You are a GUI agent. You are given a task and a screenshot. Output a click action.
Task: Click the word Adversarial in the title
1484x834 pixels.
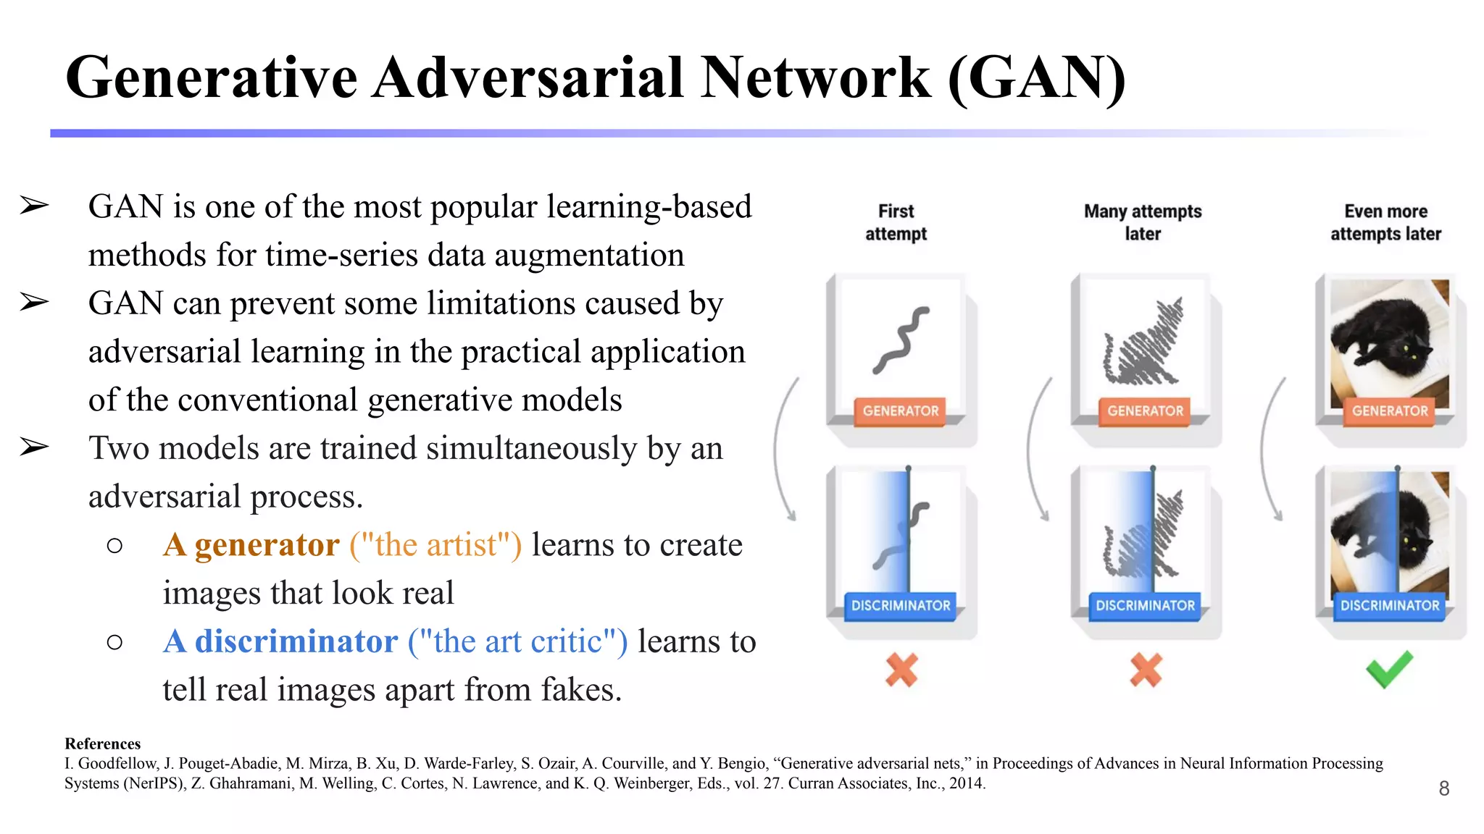click(x=528, y=77)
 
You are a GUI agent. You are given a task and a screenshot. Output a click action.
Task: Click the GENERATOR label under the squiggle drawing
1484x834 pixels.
click(x=900, y=411)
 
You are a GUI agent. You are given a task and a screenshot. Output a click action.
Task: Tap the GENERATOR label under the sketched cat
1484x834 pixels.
click(x=1145, y=411)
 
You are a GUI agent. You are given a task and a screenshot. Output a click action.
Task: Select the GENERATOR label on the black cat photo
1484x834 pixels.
click(x=1389, y=411)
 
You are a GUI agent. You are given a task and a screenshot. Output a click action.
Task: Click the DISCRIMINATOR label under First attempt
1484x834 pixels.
click(x=900, y=606)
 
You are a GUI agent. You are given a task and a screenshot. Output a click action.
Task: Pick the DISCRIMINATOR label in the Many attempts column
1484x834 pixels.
click(x=1145, y=606)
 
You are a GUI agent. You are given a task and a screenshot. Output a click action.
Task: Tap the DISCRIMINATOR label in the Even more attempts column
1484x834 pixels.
click(x=1389, y=606)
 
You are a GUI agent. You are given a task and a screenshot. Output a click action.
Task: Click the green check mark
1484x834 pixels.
click(x=1389, y=669)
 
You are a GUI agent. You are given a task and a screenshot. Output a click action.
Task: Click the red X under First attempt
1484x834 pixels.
click(x=901, y=670)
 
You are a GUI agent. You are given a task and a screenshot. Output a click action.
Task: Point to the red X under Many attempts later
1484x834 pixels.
click(x=1146, y=670)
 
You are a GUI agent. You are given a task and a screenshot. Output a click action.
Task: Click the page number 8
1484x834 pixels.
click(x=1443, y=788)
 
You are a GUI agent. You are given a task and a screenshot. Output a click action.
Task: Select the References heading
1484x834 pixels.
click(x=102, y=744)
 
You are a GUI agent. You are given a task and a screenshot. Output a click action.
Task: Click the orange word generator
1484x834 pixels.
click(x=267, y=545)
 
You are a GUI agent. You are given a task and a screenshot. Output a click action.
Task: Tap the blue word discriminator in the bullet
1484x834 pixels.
click(x=296, y=641)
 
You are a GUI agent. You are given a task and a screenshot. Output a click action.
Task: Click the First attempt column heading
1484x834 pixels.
click(x=896, y=222)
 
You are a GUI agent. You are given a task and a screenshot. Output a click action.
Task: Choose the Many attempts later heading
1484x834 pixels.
click(x=1143, y=222)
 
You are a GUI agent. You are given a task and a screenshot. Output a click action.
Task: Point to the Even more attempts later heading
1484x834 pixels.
click(x=1385, y=222)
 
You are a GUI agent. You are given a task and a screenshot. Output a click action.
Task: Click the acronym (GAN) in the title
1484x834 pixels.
click(x=1037, y=77)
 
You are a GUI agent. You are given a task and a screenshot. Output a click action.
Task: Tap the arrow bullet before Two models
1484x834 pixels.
click(x=34, y=447)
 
